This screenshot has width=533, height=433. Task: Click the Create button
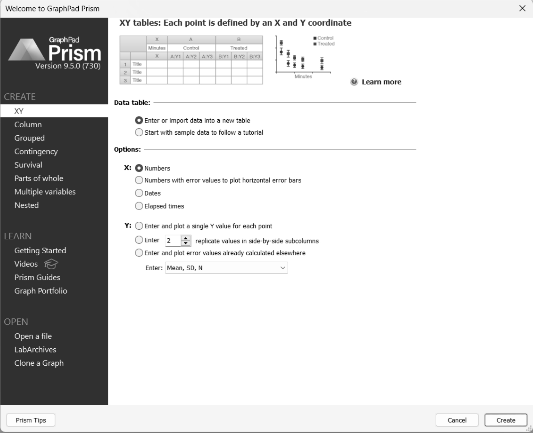point(506,420)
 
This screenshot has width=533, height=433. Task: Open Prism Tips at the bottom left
point(31,420)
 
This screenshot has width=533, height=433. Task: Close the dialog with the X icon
point(522,9)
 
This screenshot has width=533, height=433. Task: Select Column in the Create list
point(28,125)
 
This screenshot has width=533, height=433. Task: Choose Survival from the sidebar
point(28,165)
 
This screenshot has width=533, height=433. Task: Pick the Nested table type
point(27,205)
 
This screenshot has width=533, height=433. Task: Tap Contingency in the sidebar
point(36,152)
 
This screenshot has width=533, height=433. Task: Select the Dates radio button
point(139,193)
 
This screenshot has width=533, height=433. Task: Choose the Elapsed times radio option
point(139,206)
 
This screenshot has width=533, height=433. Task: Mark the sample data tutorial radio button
point(139,132)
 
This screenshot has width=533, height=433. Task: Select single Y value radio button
point(139,226)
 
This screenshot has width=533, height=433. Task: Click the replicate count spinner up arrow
point(186,238)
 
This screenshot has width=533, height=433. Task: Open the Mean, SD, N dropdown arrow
point(283,268)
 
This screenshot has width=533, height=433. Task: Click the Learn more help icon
point(354,82)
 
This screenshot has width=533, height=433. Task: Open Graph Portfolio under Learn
point(41,291)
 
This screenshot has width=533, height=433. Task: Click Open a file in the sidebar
point(33,336)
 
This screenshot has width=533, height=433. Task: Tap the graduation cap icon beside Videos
point(51,264)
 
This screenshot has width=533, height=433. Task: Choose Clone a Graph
point(39,363)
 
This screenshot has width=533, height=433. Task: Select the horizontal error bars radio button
point(139,180)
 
